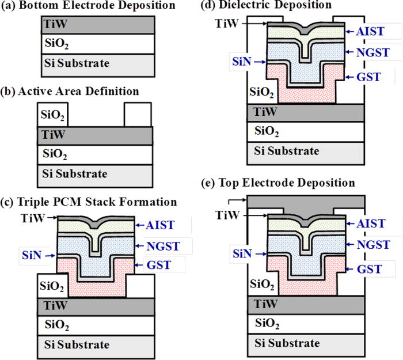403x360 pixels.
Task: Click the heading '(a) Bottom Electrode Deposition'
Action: pos(88,6)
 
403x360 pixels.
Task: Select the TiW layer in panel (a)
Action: pos(98,26)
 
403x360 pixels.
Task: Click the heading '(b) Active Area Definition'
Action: pos(72,91)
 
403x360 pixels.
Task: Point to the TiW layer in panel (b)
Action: pos(95,136)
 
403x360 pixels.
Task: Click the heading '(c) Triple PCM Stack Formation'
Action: pos(89,202)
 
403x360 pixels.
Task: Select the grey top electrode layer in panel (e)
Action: pos(305,203)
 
